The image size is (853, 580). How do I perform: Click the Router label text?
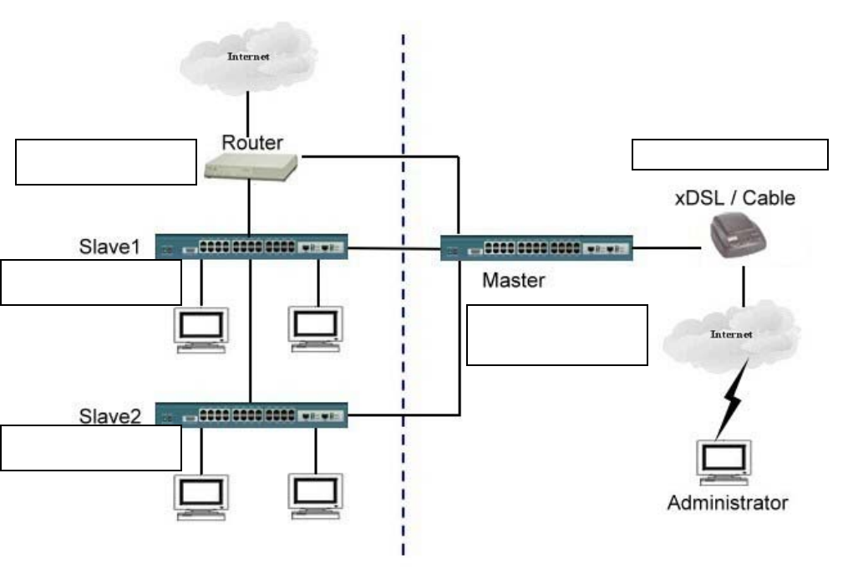[251, 143]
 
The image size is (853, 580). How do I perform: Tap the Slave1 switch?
[251, 247]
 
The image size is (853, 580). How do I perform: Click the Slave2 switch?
[251, 415]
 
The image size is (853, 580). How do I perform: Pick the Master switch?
[536, 247]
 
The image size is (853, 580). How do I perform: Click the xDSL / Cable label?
[734, 199]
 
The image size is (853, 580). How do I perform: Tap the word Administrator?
[727, 502]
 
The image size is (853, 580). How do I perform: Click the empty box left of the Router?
[105, 161]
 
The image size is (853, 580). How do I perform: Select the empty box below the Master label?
[556, 334]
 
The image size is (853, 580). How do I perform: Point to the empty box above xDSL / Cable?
[729, 155]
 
